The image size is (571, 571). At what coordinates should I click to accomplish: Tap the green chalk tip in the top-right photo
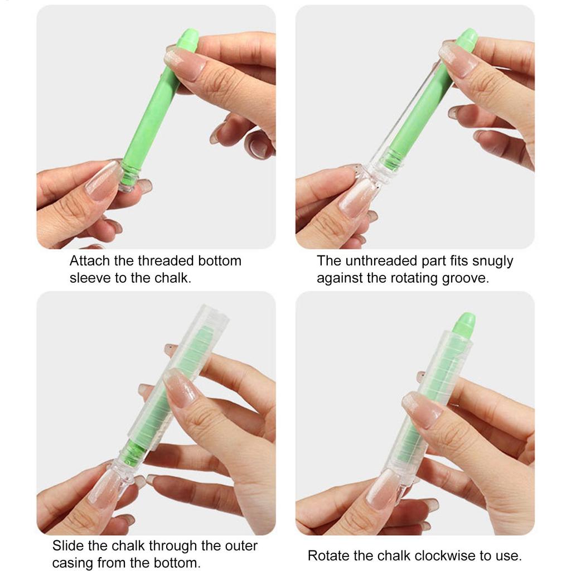(x=467, y=37)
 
